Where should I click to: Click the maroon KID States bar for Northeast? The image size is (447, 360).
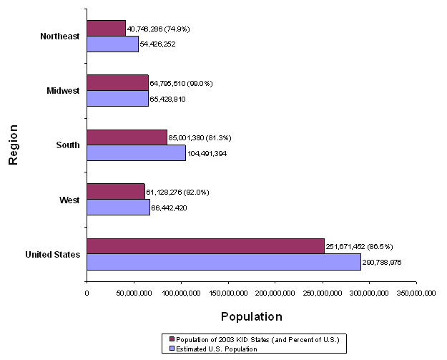[106, 29]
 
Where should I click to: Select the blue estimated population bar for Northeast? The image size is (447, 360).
[112, 44]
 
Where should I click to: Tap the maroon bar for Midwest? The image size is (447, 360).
[117, 83]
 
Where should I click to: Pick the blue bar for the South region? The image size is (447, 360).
[136, 152]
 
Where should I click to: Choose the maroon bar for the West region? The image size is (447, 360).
[115, 192]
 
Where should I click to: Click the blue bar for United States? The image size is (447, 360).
[223, 262]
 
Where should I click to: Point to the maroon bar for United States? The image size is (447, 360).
[205, 246]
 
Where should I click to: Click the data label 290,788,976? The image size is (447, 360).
[392, 262]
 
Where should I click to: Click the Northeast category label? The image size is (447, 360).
[60, 37]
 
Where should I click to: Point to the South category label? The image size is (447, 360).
[69, 145]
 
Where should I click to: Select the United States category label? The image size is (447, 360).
[52, 254]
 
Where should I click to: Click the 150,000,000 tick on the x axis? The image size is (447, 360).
[228, 292]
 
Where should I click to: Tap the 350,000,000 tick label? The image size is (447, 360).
[416, 292]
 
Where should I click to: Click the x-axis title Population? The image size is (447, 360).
[251, 316]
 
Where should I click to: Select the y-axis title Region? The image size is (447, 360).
[12, 145]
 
